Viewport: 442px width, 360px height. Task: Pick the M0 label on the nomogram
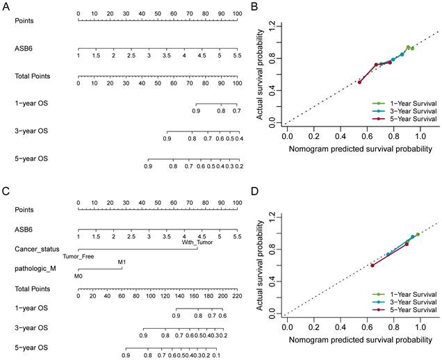[78, 275]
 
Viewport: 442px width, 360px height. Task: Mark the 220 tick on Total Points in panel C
[236, 295]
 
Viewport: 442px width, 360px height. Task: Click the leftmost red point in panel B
[359, 82]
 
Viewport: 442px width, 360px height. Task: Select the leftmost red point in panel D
[373, 265]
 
